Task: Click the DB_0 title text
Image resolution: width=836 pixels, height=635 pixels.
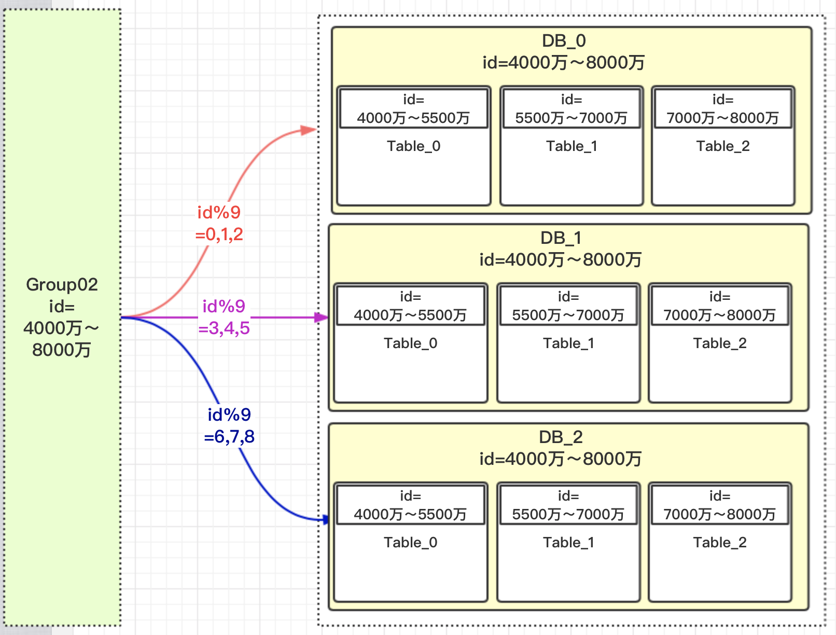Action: [x=564, y=41]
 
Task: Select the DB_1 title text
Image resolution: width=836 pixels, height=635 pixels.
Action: [x=561, y=238]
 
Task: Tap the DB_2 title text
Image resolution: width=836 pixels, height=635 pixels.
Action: [x=561, y=437]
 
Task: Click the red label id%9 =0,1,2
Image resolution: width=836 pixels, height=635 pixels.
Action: [x=219, y=223]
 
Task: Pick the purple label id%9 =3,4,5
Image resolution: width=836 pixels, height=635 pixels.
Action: [x=224, y=317]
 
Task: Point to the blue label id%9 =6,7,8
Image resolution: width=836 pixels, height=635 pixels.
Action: [x=229, y=425]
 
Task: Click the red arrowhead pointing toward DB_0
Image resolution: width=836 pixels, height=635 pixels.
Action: [x=309, y=130]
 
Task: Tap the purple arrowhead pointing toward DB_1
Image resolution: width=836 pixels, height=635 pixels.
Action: [x=321, y=317]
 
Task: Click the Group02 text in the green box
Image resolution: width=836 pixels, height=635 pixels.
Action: [x=62, y=284]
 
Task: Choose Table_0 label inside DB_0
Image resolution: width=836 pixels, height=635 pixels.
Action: [x=414, y=146]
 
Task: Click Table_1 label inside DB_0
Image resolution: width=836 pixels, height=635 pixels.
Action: [x=572, y=146]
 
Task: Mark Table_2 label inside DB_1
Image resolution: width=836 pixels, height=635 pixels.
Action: [x=720, y=343]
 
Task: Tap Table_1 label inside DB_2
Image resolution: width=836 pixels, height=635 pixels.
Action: [x=568, y=543]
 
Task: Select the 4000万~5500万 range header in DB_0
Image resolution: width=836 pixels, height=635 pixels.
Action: [x=414, y=118]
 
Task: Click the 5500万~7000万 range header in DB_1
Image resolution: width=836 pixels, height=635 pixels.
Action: [x=568, y=315]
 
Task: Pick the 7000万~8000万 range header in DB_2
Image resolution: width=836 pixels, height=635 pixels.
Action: [x=720, y=515]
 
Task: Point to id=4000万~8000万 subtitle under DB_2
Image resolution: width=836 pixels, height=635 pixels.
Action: [x=561, y=459]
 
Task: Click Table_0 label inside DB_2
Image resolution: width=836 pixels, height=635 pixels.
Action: [x=411, y=543]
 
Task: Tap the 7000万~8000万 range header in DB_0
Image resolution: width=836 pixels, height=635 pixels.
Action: [x=723, y=118]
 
